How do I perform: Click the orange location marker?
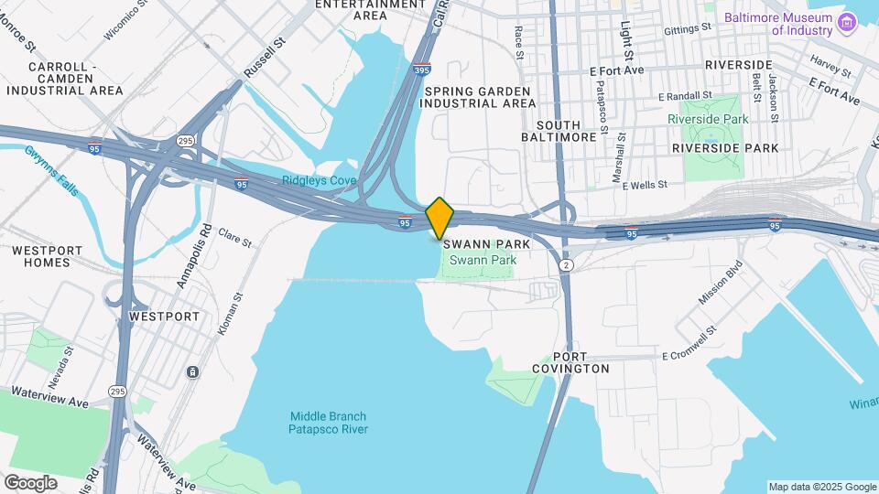click(439, 217)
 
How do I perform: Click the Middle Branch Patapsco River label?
click(328, 422)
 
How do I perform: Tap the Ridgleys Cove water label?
click(319, 180)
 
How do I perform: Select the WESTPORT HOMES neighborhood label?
click(47, 256)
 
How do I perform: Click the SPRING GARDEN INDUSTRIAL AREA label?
click(479, 97)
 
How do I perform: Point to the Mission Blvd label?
click(718, 285)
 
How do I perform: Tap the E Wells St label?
click(645, 185)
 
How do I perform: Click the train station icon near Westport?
click(193, 371)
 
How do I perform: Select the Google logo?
click(30, 482)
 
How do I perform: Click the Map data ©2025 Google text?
click(822, 487)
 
